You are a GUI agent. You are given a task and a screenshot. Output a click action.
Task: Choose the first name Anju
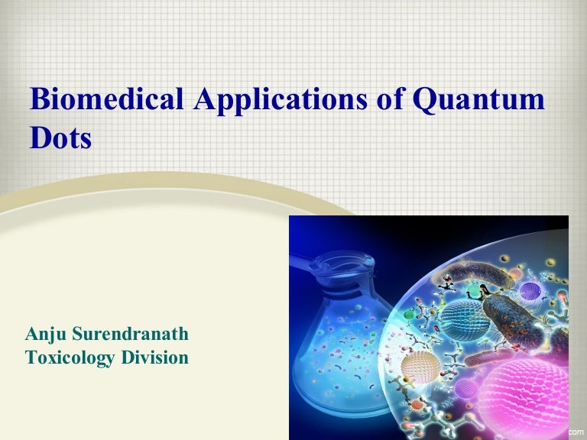[45, 334]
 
